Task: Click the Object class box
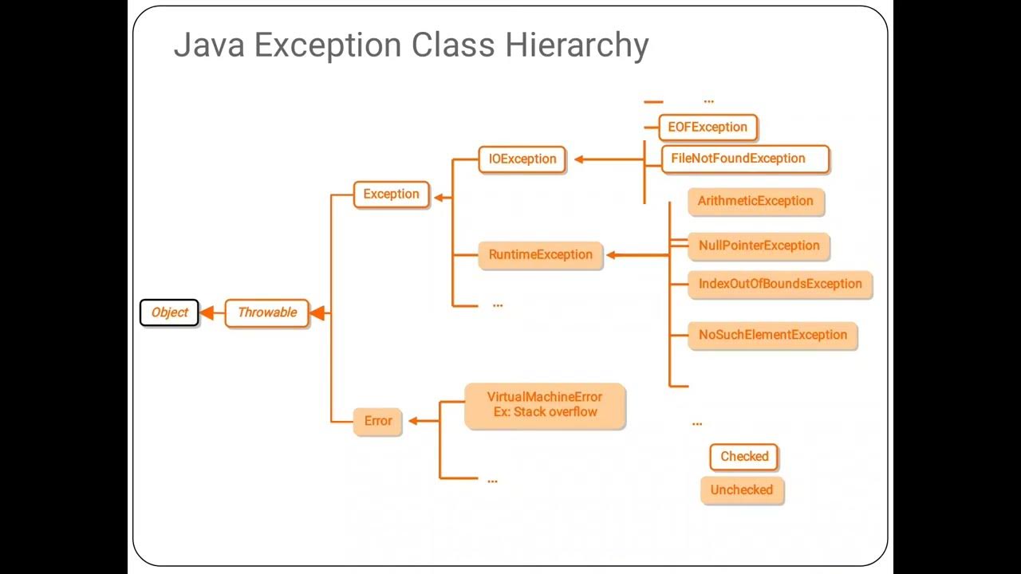click(169, 313)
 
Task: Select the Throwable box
click(266, 313)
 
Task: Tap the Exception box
click(391, 195)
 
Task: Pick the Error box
click(377, 421)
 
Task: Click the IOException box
click(522, 159)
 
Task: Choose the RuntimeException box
click(540, 255)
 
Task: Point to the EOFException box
click(708, 128)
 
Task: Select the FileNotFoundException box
click(744, 159)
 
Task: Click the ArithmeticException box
click(755, 201)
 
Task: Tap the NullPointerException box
click(759, 246)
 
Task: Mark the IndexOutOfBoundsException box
click(779, 284)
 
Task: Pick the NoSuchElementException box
click(772, 335)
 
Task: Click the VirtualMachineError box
click(545, 405)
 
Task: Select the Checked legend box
click(744, 457)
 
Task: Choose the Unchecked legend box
click(742, 490)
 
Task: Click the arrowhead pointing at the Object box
click(207, 313)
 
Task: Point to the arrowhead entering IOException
click(579, 159)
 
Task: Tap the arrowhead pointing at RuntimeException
click(612, 255)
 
